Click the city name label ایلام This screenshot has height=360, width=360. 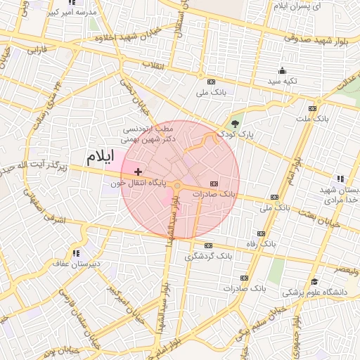coord(100,156)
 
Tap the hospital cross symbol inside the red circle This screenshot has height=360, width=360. coord(138,172)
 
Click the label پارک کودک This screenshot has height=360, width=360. coord(235,132)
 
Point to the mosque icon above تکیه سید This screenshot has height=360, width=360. coord(283,70)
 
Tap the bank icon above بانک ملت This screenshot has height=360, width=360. coord(313,109)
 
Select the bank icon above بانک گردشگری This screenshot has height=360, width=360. coord(208,245)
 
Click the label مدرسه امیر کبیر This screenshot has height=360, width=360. coord(73,13)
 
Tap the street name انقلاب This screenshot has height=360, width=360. coord(153,65)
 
